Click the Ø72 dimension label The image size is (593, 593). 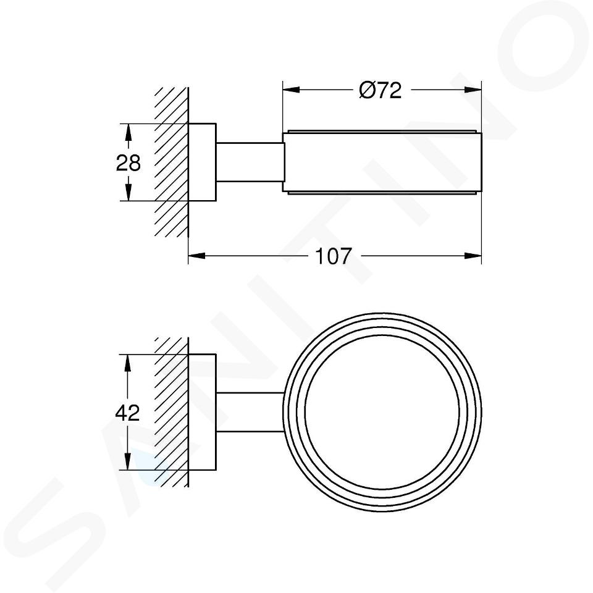(380, 91)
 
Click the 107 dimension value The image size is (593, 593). (333, 256)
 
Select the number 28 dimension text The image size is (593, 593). (128, 163)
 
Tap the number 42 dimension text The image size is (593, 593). (127, 413)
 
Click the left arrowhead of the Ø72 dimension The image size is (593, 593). (291, 90)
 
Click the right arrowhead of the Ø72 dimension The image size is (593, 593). (473, 90)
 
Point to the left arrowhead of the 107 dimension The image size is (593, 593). (196, 256)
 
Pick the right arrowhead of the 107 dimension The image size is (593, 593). (473, 256)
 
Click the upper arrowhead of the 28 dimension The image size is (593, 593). (128, 132)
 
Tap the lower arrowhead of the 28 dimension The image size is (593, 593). (128, 192)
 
